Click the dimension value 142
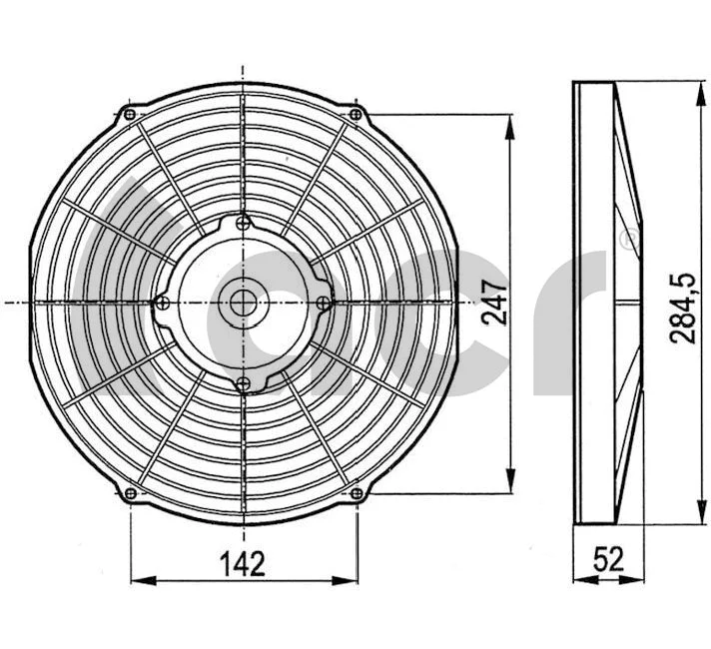(x=244, y=564)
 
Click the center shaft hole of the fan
(x=243, y=302)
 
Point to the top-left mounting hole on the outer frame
(x=131, y=116)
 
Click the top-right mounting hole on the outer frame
(x=355, y=116)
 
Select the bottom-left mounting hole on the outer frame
(x=131, y=490)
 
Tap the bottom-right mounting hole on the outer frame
(x=355, y=490)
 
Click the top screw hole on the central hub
(x=243, y=224)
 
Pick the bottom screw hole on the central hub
(x=243, y=380)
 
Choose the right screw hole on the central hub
(x=322, y=303)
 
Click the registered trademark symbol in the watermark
(x=627, y=240)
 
